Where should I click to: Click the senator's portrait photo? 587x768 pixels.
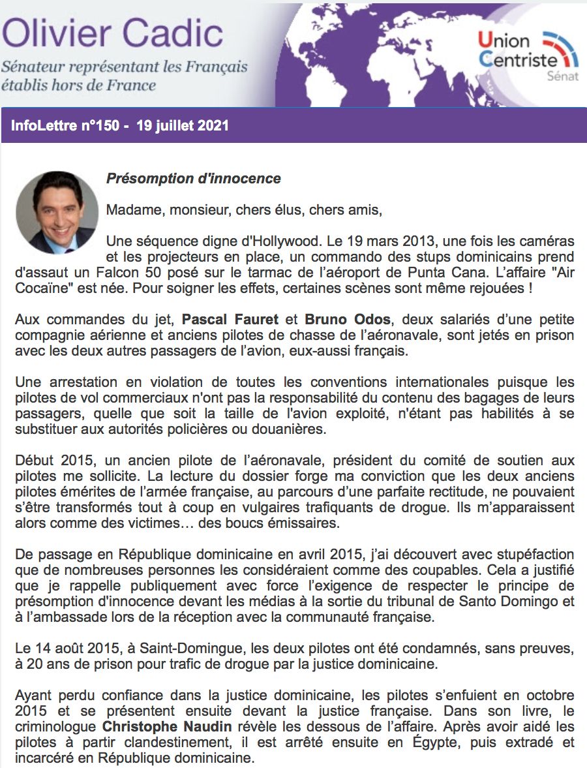(57, 213)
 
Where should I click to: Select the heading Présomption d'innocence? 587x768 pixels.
(193, 179)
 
